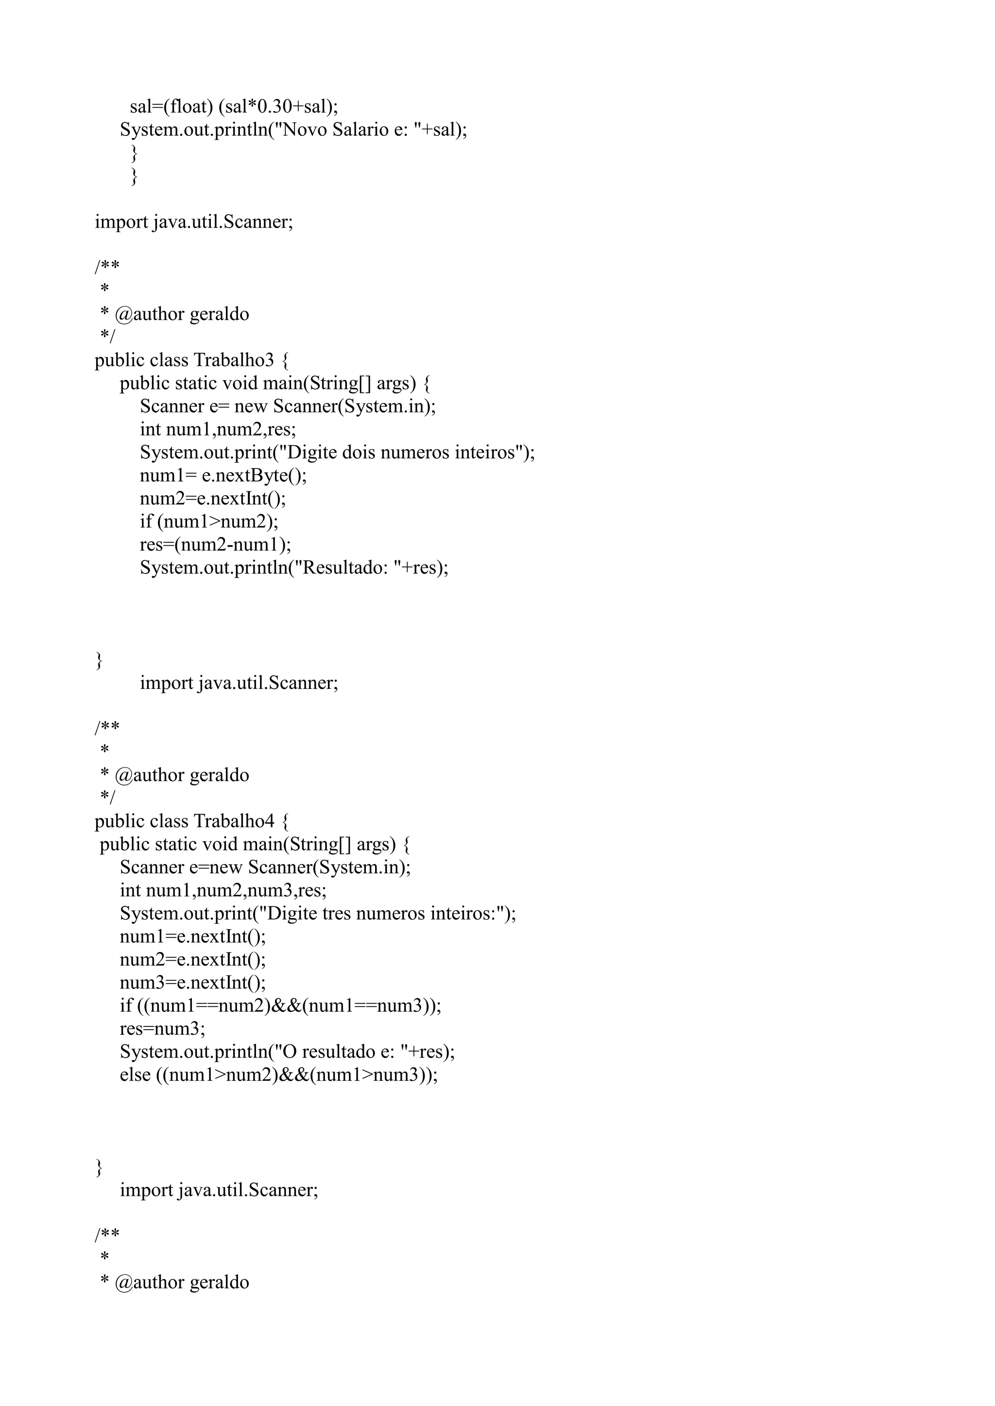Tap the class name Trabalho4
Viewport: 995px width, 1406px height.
(233, 821)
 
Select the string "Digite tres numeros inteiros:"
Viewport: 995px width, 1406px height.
(380, 914)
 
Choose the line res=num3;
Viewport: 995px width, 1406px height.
(162, 1029)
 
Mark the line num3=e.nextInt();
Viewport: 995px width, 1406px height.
(192, 983)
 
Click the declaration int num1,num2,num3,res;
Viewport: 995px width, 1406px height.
(223, 890)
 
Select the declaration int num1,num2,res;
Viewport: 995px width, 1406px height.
(218, 429)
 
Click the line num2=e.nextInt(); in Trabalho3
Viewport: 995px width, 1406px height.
(213, 499)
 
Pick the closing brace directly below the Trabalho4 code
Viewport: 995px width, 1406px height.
(99, 1167)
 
